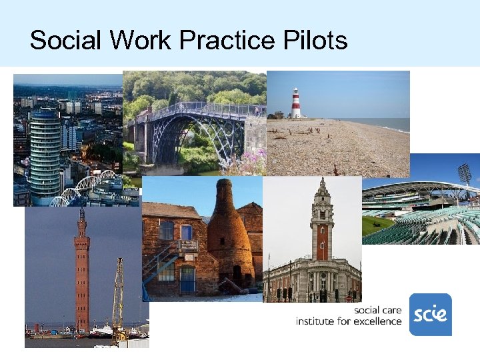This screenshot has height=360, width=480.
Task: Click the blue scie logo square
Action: (x=430, y=314)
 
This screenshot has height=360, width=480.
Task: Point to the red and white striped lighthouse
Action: (x=295, y=103)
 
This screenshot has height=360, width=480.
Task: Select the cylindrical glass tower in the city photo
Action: (x=45, y=153)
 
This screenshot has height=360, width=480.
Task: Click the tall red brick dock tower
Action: (x=82, y=273)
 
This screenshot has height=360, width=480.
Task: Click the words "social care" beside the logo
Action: (x=377, y=310)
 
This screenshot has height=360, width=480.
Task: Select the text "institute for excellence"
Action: (x=349, y=321)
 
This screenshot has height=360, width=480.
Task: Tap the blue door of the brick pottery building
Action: (x=187, y=279)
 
